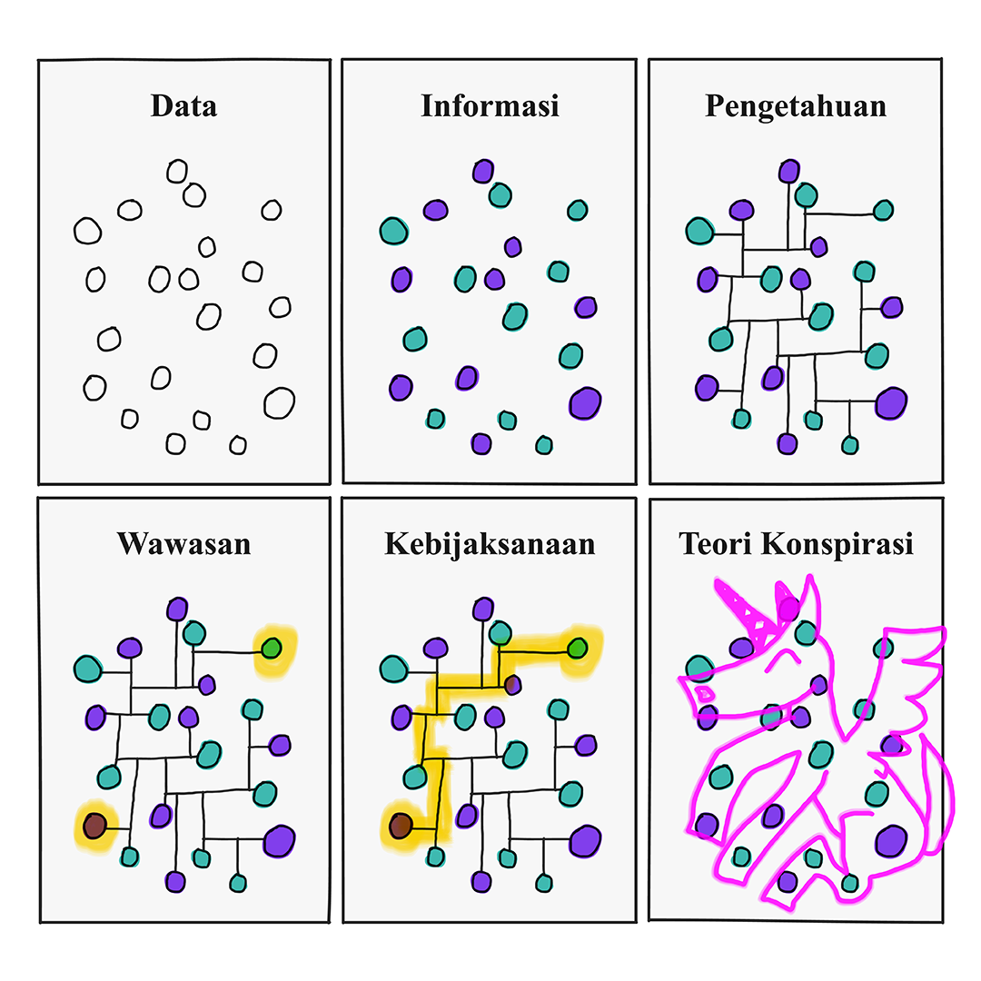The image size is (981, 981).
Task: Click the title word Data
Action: (x=183, y=106)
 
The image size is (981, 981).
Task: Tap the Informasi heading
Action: (x=490, y=106)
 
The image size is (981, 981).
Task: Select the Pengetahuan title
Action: (x=796, y=106)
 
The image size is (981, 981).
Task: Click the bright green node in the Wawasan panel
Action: (x=271, y=649)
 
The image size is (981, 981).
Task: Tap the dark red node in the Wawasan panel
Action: (x=94, y=826)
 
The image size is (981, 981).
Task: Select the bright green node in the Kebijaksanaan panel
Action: (x=577, y=649)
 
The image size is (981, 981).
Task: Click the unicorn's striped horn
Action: (x=747, y=612)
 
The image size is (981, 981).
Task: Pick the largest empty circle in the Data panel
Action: (x=279, y=401)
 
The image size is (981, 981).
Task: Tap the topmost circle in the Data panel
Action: (x=177, y=171)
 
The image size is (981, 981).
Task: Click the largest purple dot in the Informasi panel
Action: (x=585, y=401)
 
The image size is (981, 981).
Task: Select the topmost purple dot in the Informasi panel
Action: (x=483, y=171)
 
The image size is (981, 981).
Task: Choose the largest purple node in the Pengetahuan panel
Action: (x=892, y=401)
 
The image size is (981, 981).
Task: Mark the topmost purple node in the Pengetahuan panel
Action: (x=789, y=171)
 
